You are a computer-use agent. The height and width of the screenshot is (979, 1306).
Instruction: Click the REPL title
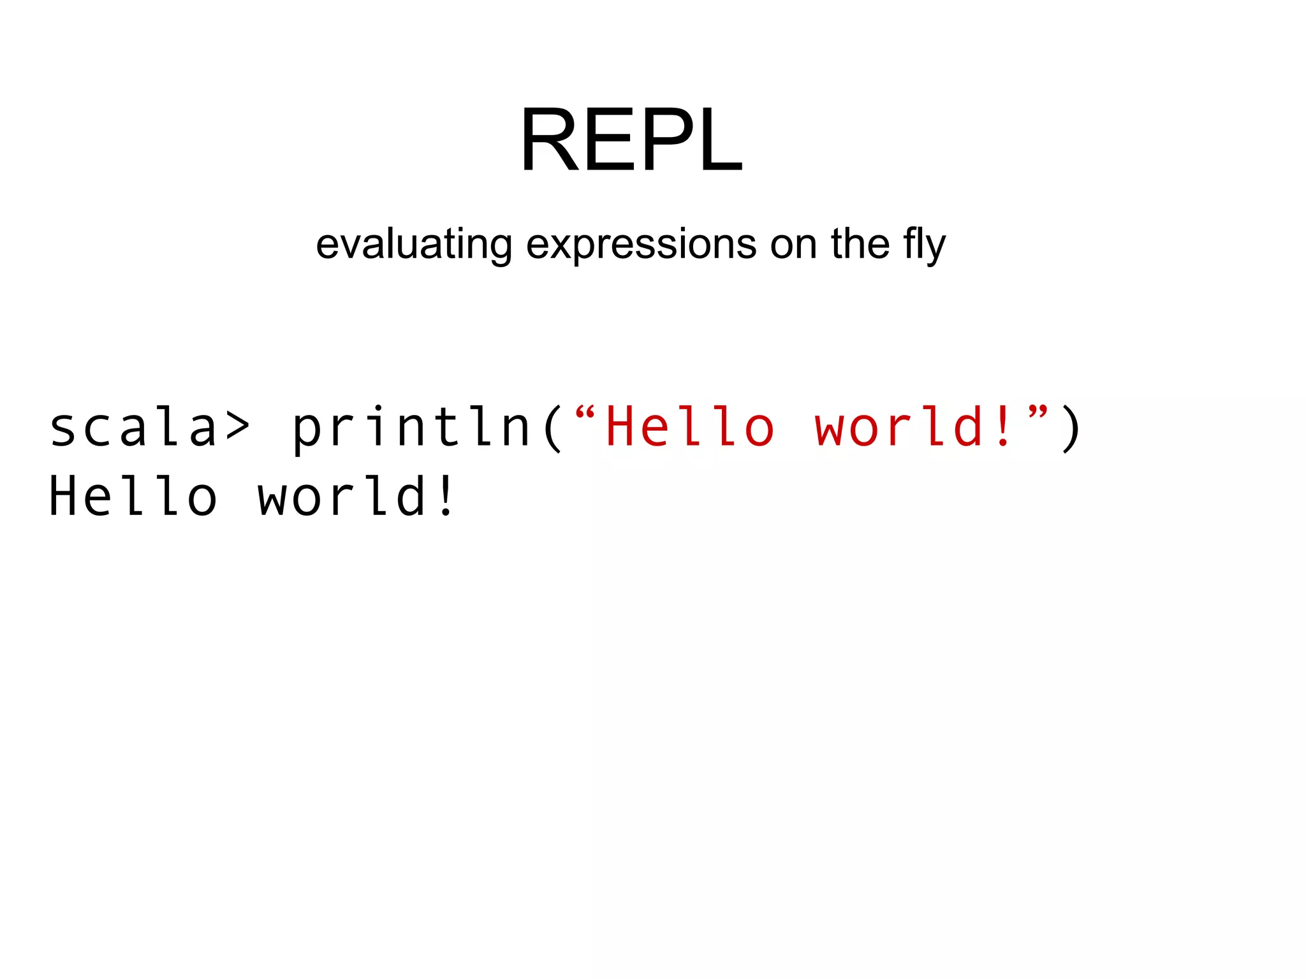[x=631, y=140]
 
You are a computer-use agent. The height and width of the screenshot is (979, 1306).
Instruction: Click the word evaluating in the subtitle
[x=414, y=245]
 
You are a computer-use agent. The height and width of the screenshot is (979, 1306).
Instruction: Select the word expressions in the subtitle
[x=641, y=245]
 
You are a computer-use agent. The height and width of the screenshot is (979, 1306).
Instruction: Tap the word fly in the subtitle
[x=924, y=245]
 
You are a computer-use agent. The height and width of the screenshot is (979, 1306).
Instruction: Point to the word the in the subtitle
[x=860, y=243]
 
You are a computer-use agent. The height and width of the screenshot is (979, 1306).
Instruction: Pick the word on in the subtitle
[x=793, y=245]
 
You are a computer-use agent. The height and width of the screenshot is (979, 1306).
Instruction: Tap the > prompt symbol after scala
[x=237, y=427]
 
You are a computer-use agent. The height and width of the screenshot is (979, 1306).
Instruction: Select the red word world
[x=899, y=427]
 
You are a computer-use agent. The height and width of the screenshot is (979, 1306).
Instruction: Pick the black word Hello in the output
[x=133, y=496]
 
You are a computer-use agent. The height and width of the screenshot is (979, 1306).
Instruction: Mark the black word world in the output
[x=341, y=496]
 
